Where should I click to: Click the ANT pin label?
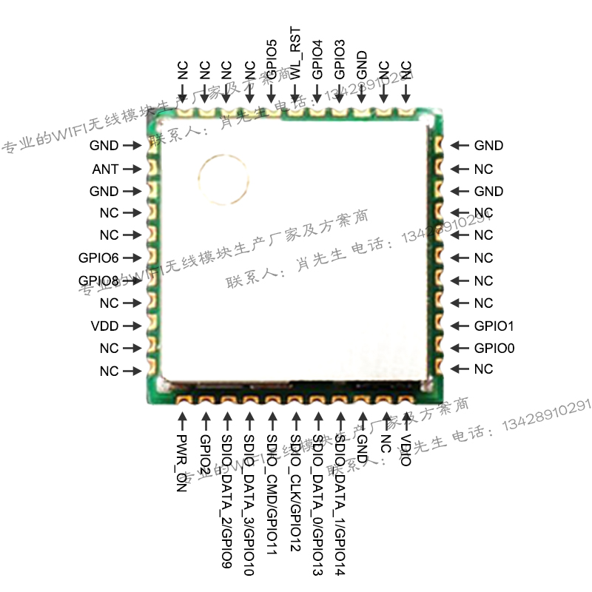105,169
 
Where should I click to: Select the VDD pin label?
104,326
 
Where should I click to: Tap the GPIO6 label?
98,258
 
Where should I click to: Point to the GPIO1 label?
494,326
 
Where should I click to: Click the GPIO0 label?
494,348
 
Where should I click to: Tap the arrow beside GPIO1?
460,326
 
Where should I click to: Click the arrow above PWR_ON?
183,422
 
